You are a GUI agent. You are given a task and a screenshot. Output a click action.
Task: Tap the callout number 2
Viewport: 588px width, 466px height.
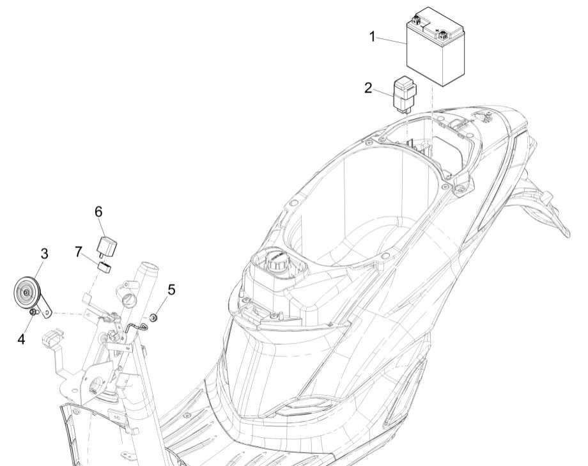coord(368,88)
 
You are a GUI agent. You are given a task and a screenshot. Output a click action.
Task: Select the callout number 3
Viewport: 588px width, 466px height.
coord(44,254)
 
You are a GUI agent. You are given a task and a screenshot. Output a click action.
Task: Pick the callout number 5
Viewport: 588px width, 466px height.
coord(171,289)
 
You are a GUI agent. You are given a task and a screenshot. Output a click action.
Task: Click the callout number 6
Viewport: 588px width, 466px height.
coord(99,211)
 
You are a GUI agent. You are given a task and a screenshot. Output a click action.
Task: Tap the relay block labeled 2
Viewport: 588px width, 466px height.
coord(403,93)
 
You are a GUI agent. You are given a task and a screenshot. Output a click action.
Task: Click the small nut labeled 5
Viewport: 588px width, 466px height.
coord(153,300)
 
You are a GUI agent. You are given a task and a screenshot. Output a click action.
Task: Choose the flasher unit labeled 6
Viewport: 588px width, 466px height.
coord(105,244)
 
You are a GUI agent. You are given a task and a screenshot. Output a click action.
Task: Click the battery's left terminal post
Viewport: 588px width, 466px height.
coord(416,20)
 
